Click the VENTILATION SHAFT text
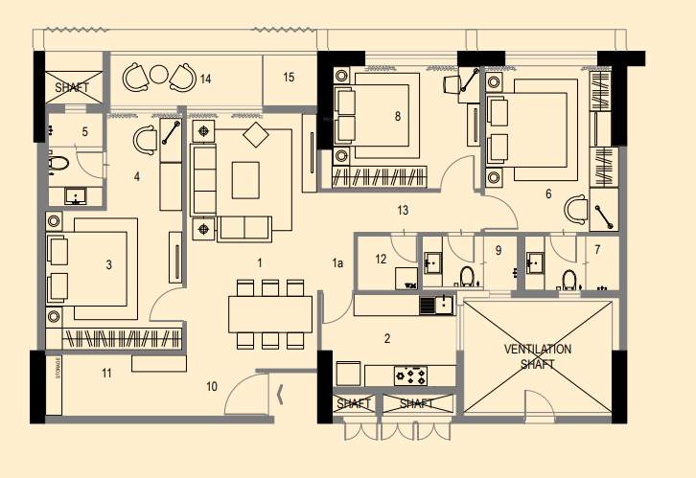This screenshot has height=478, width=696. pyautogui.click(x=538, y=356)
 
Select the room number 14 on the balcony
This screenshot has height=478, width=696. pyautogui.click(x=205, y=79)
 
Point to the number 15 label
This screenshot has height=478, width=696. pyautogui.click(x=289, y=78)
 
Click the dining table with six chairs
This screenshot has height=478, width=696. pyautogui.click(x=270, y=313)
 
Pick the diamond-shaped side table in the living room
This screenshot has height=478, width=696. pyautogui.click(x=256, y=136)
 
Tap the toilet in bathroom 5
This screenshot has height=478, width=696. pyautogui.click(x=58, y=164)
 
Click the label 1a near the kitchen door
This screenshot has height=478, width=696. pyautogui.click(x=337, y=262)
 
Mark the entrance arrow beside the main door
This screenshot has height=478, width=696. pyautogui.click(x=280, y=392)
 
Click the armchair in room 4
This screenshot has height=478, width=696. pyautogui.click(x=146, y=141)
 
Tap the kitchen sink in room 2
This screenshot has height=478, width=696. pyautogui.click(x=442, y=306)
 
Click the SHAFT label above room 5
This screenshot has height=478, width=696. pyautogui.click(x=72, y=87)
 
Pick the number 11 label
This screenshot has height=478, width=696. pyautogui.click(x=106, y=372)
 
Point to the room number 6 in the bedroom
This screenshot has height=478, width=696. pyautogui.click(x=548, y=194)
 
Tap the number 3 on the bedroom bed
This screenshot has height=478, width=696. pyautogui.click(x=108, y=264)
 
